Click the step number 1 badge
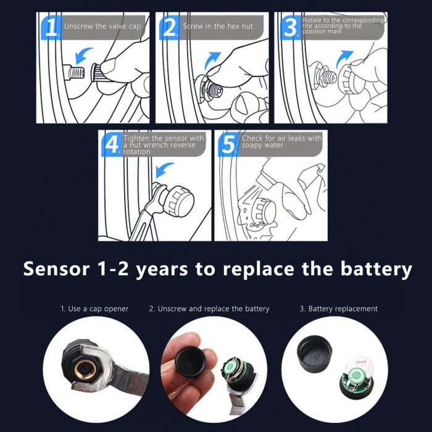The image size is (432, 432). pyautogui.click(x=51, y=28)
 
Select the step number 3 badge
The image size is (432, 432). pyautogui.click(x=290, y=28)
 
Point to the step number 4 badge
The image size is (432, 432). pyautogui.click(x=112, y=144)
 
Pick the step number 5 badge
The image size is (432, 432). pyautogui.click(x=228, y=144)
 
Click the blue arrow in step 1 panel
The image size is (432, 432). pyautogui.click(x=83, y=55)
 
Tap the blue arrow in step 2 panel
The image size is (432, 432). pyautogui.click(x=213, y=60)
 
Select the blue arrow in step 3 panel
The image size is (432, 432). pyautogui.click(x=344, y=59)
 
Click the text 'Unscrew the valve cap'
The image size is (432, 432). pyautogui.click(x=102, y=27)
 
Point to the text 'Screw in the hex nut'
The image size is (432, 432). pyautogui.click(x=218, y=27)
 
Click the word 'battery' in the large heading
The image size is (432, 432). pyautogui.click(x=376, y=269)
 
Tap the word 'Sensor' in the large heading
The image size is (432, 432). pyautogui.click(x=57, y=268)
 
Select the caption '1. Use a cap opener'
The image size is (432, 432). pyautogui.click(x=94, y=309)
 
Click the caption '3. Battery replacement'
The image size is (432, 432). pyautogui.click(x=339, y=309)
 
